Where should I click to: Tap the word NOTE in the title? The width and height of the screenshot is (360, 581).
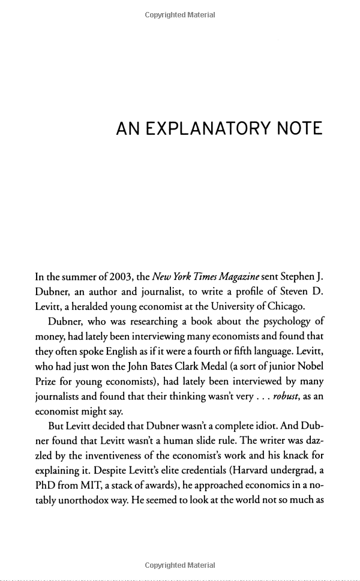click(298, 128)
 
